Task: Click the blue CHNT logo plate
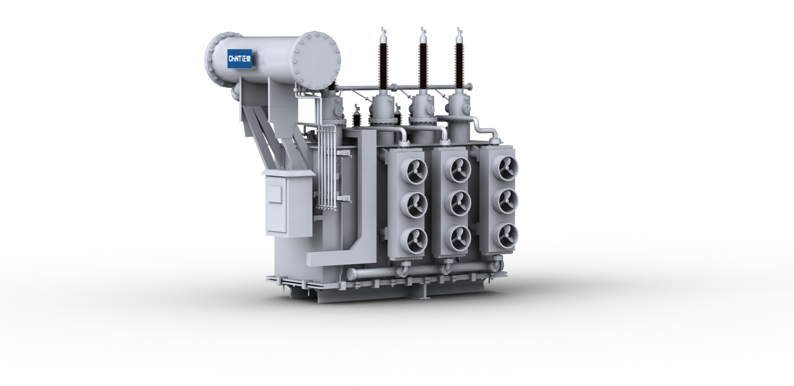[240, 59]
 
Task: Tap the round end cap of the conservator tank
[315, 60]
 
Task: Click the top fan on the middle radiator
[458, 169]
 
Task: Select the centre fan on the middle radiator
[458, 203]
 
